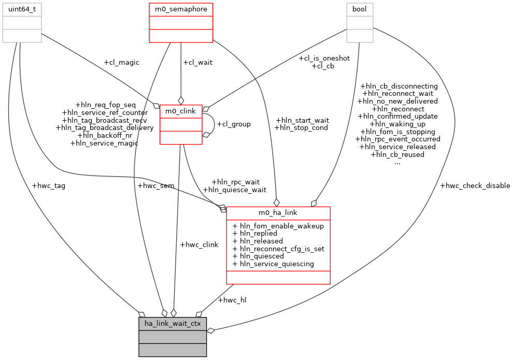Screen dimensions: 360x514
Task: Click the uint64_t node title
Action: click(x=22, y=9)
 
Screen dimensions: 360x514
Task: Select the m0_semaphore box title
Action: click(x=180, y=9)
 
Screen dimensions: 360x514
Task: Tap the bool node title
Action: click(x=360, y=9)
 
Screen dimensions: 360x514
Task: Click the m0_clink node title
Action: click(x=180, y=111)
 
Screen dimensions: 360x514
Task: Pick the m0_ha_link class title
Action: click(x=278, y=213)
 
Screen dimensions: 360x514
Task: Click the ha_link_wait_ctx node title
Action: click(x=173, y=324)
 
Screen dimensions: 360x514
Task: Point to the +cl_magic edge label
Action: click(x=121, y=63)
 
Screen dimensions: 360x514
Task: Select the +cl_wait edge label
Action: click(x=197, y=63)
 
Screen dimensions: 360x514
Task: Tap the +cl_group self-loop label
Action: click(x=233, y=124)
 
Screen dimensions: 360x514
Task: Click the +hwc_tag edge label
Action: click(x=48, y=185)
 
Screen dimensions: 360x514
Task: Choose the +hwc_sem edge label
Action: click(x=155, y=185)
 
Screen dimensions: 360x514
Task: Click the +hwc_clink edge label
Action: click(x=199, y=244)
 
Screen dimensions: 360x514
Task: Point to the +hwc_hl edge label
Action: click(x=232, y=300)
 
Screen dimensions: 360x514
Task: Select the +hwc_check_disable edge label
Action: click(x=475, y=185)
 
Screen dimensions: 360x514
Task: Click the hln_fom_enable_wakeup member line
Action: click(x=278, y=226)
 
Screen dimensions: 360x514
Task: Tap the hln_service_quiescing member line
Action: click(x=274, y=264)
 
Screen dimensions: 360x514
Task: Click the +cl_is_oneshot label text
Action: click(x=324, y=59)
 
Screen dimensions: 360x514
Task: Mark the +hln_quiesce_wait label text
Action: click(x=234, y=190)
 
